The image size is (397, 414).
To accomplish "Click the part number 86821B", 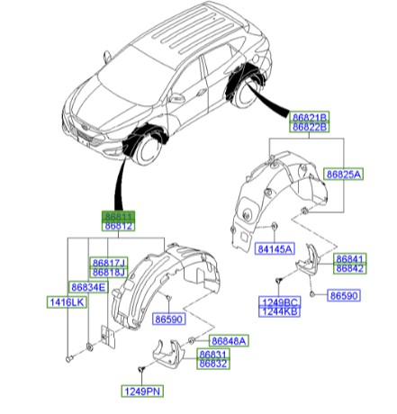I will click(309, 117).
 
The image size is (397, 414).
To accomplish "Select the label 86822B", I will click(309, 128).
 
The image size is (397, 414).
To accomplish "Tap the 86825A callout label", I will click(344, 173).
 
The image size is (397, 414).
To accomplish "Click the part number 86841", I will click(349, 257).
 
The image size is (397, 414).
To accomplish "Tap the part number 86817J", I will click(109, 262).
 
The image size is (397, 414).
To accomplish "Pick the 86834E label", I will click(89, 287).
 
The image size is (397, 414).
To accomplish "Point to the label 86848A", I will click(229, 341).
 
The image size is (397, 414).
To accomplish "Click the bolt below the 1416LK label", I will click(68, 358).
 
